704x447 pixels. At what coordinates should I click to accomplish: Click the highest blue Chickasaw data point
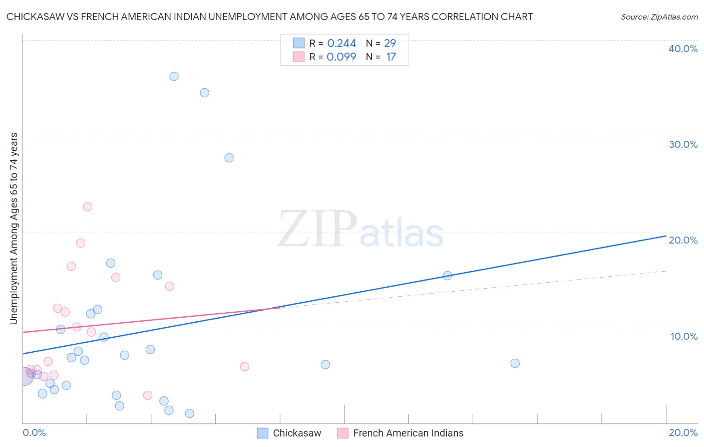point(174,77)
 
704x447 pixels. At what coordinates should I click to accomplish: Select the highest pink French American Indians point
point(88,206)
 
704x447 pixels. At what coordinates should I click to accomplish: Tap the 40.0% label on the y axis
point(683,49)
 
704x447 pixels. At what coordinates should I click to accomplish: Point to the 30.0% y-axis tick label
point(683,144)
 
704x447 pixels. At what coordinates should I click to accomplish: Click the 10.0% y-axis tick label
point(684,336)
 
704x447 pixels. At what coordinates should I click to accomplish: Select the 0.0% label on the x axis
point(34,432)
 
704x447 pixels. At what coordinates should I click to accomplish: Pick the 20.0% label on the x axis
point(683,432)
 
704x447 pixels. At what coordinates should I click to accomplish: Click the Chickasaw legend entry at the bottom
point(296,433)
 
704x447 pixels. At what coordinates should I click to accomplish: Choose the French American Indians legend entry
point(408,433)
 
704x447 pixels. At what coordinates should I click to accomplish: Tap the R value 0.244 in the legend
point(341,44)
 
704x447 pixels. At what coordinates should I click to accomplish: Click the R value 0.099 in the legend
point(341,57)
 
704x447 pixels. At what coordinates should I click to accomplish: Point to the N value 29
point(390,44)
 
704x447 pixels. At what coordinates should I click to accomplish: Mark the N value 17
point(391,57)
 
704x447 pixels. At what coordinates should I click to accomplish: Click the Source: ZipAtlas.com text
point(659,17)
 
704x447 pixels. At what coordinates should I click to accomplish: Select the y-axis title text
point(14,229)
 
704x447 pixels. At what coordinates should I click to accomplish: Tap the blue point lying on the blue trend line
point(448,276)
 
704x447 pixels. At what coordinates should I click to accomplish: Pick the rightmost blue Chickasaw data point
point(515,363)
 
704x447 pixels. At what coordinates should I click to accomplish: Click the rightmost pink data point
point(245,366)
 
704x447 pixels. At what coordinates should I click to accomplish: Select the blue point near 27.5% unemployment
point(229,158)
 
